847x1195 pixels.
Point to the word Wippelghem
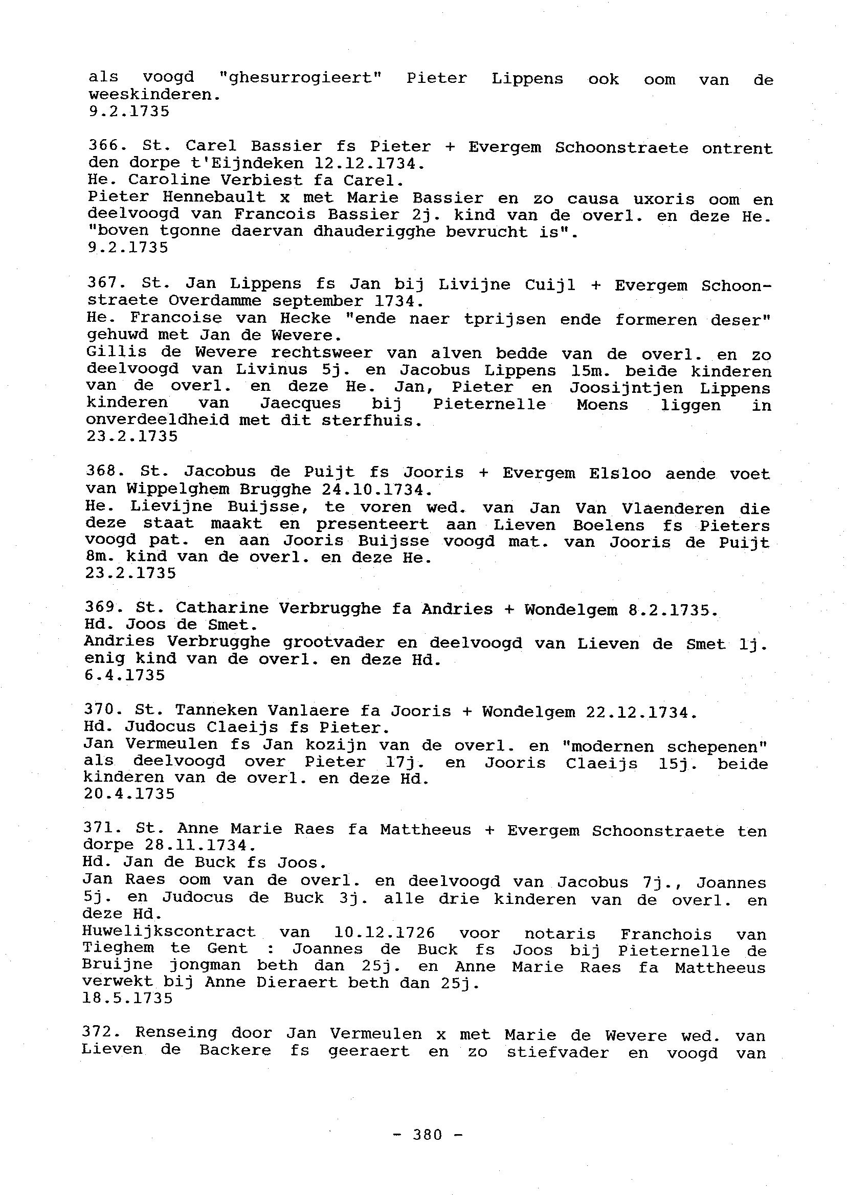coord(176,489)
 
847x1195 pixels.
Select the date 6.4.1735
coord(125,675)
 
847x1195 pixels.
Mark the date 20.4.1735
coord(129,794)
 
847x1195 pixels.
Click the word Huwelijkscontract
coord(169,932)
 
